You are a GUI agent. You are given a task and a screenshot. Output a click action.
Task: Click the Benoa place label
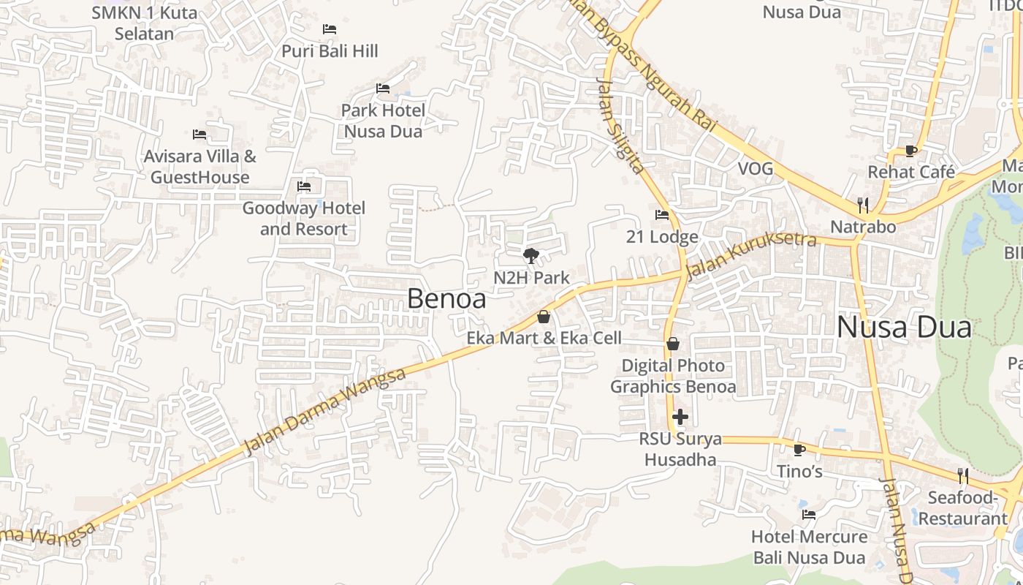[x=446, y=298]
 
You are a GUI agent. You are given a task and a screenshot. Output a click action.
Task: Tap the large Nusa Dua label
[x=904, y=327]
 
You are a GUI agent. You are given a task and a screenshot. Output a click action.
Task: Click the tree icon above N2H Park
[x=531, y=256]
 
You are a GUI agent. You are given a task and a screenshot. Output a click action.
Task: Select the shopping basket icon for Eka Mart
[x=543, y=317]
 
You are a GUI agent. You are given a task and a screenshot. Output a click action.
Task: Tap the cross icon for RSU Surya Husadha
[x=680, y=417]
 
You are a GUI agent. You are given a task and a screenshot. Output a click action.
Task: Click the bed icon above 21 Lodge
[x=662, y=215]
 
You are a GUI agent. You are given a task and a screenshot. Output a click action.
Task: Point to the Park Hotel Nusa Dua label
[x=383, y=121]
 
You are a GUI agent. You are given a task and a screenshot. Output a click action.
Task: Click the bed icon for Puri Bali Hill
[x=330, y=29]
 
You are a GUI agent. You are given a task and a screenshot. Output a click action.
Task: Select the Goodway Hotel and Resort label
[x=303, y=218]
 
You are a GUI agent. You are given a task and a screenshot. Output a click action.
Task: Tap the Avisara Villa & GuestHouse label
[x=199, y=167]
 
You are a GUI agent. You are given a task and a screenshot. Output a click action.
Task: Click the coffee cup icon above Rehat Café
[x=910, y=151]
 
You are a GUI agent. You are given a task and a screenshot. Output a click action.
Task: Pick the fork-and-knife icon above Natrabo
[x=863, y=205]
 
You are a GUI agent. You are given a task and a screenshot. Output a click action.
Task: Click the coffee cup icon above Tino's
[x=799, y=449]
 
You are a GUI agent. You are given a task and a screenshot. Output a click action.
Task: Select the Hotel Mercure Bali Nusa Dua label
[x=809, y=547]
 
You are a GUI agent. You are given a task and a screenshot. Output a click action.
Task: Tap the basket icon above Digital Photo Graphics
[x=673, y=344]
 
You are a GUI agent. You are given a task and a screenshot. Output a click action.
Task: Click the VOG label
[x=755, y=169]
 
